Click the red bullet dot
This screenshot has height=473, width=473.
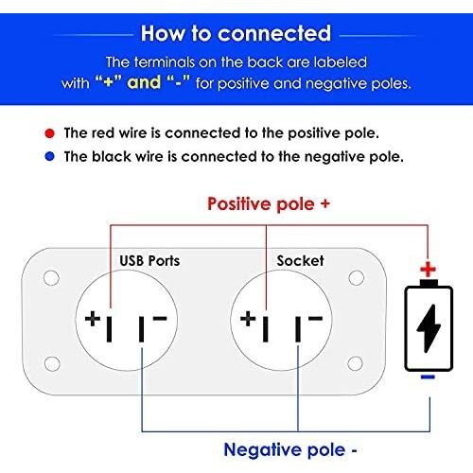(x=50, y=133)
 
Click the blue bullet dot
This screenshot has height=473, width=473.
(x=50, y=156)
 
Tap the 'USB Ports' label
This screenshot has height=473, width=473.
(x=149, y=261)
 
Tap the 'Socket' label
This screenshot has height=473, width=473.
(x=300, y=261)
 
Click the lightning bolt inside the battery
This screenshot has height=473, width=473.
(x=429, y=328)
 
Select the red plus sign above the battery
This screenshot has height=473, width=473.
(x=428, y=270)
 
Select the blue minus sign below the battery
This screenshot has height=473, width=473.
(x=428, y=377)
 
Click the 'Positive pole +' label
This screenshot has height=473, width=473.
(x=269, y=204)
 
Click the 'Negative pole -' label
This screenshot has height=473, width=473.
(x=290, y=450)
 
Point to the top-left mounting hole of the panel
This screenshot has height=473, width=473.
(x=51, y=278)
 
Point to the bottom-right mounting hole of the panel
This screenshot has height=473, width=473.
(x=355, y=363)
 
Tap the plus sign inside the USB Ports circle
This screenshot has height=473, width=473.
(x=93, y=319)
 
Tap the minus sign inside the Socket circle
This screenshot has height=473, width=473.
(x=315, y=318)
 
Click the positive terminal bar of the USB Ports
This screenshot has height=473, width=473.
(x=109, y=329)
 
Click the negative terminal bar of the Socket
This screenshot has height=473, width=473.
(x=298, y=329)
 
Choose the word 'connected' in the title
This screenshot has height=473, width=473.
(x=274, y=33)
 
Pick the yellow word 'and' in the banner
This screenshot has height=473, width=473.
(x=144, y=82)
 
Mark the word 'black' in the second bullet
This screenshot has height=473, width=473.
(x=112, y=157)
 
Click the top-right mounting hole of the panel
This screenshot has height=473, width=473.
(x=357, y=278)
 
